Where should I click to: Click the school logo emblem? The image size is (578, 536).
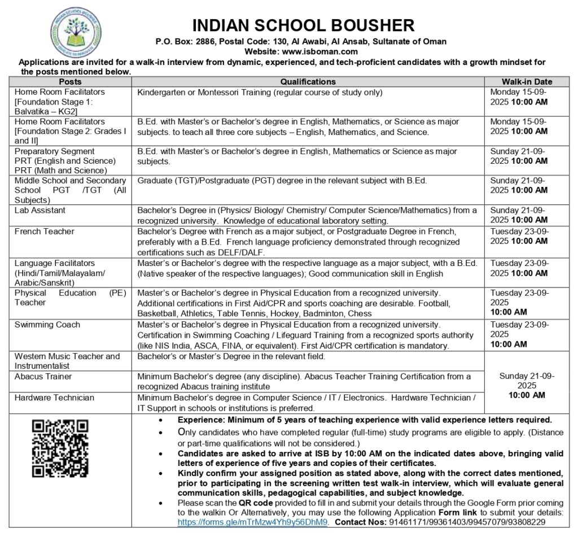76,32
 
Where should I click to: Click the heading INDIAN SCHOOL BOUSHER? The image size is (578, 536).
304,25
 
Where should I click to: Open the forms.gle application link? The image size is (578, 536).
252,522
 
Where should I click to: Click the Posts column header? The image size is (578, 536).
70,82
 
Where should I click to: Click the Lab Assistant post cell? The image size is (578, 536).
40,210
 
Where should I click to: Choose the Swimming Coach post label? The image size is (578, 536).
47,325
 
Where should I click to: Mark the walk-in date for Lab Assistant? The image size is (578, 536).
519,215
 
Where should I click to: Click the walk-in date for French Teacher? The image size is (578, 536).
519,236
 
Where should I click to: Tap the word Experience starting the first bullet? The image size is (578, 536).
200,420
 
